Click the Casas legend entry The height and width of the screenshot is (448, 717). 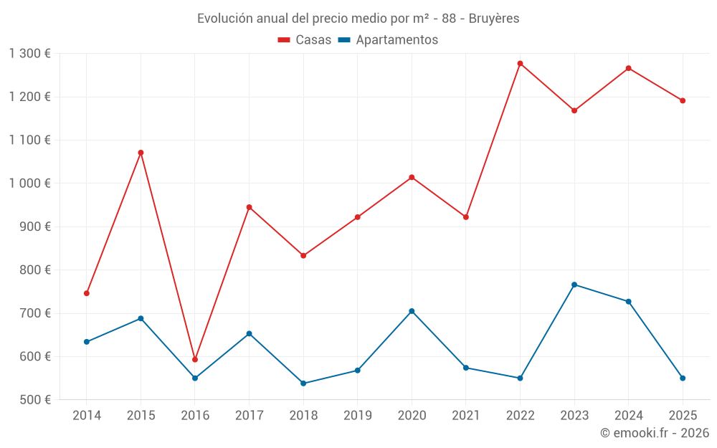(x=305, y=40)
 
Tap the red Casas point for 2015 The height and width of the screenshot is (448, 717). (x=141, y=153)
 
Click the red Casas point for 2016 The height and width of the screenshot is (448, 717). (x=195, y=360)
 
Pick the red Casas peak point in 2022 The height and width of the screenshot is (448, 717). (x=520, y=64)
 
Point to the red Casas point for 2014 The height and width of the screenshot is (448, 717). (x=87, y=293)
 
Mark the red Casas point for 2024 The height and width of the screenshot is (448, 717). (x=628, y=68)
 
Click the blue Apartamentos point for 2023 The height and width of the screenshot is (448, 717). (x=574, y=285)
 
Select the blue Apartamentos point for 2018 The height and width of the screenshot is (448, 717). (x=303, y=383)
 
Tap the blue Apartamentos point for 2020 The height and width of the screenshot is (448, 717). (x=412, y=311)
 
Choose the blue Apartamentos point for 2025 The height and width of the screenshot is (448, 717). (x=683, y=378)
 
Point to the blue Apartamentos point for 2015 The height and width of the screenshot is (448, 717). (x=141, y=318)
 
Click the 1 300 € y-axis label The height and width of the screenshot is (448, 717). (x=29, y=54)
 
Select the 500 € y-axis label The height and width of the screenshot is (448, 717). (x=34, y=400)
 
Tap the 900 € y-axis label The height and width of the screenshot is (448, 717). (x=34, y=227)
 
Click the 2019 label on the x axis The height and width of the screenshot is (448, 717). (x=357, y=416)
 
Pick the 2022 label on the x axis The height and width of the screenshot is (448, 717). (x=520, y=416)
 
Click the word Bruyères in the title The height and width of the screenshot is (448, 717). (x=494, y=19)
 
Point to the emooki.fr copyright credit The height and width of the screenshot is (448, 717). (x=654, y=433)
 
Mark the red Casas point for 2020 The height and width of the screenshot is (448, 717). (x=412, y=177)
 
